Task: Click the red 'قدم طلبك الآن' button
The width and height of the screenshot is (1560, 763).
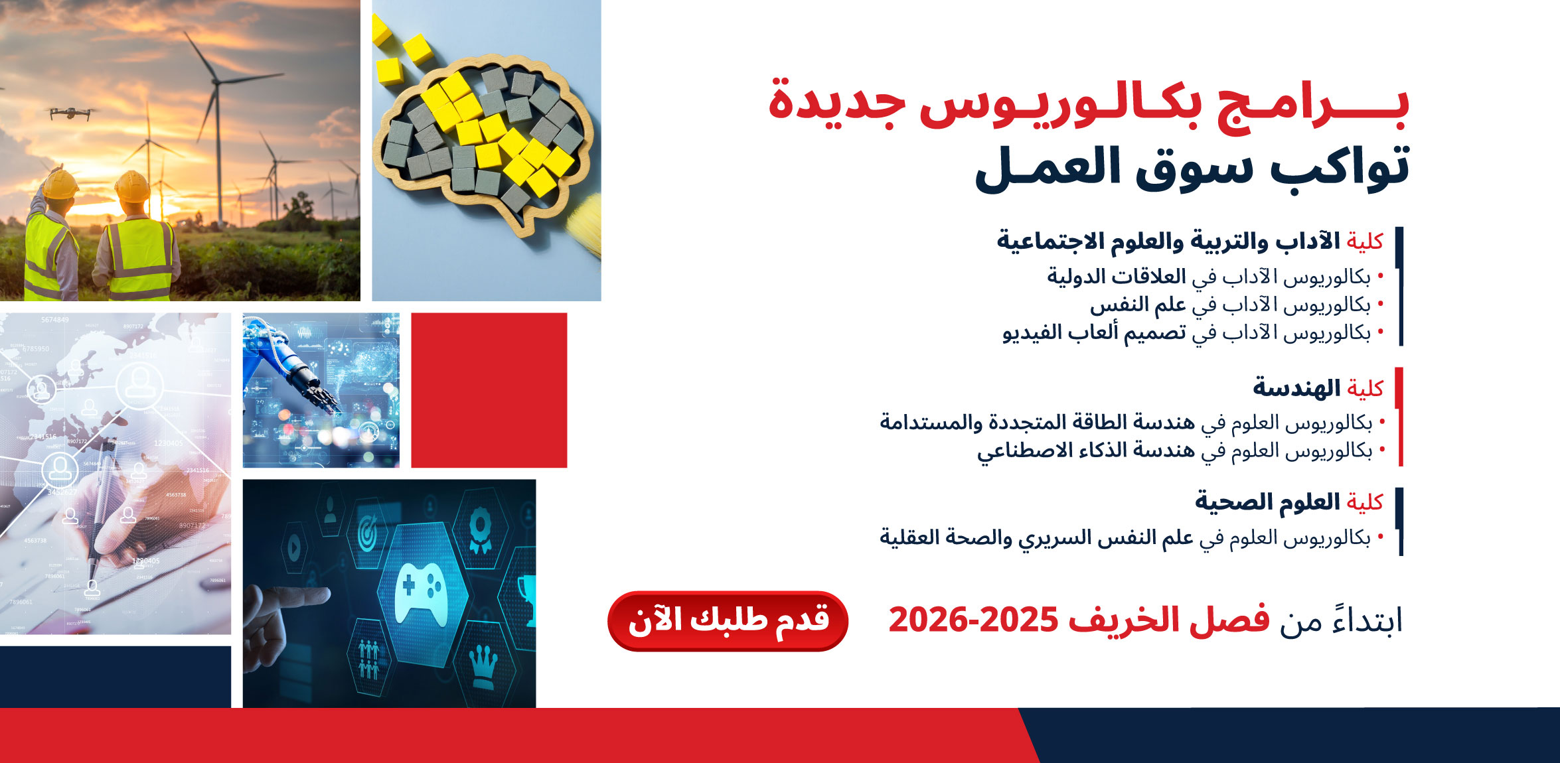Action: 728,621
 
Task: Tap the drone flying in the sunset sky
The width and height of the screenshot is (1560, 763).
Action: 73,113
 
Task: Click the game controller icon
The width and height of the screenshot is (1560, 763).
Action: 421,591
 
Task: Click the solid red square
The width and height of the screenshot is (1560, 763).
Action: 489,390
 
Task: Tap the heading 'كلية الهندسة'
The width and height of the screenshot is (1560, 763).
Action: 1318,387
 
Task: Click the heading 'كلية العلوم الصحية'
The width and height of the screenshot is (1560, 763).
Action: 1289,502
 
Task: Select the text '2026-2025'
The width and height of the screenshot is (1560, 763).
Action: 973,620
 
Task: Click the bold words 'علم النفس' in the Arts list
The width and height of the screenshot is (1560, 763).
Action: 1138,305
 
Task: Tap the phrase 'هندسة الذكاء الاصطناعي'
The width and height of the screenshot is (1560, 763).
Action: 1085,451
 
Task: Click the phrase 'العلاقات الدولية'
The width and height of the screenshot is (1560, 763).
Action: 1117,276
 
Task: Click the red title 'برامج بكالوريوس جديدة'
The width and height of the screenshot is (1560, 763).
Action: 1089,106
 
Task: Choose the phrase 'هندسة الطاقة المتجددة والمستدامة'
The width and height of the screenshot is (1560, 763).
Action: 1037,422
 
